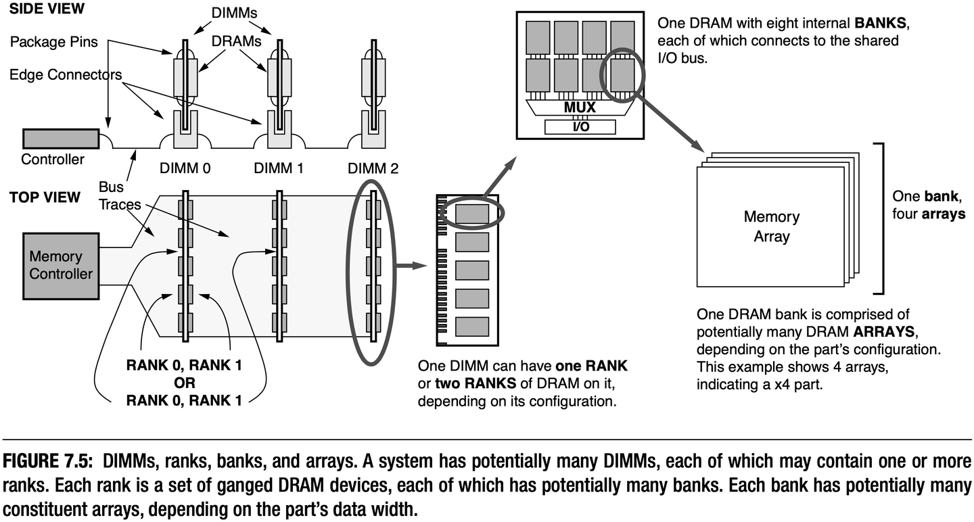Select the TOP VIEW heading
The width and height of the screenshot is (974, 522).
(45, 198)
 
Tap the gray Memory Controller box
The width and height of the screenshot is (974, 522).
(60, 266)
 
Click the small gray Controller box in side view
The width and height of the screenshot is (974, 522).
(52, 139)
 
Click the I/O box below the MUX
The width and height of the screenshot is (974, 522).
(580, 127)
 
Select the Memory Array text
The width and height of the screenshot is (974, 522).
(771, 227)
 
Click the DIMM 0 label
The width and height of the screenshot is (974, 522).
(185, 168)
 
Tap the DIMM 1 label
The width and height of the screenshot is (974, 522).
(278, 168)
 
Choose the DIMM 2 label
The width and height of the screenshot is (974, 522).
(373, 168)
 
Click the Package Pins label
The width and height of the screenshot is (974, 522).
(54, 42)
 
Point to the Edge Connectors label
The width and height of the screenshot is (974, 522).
(66, 74)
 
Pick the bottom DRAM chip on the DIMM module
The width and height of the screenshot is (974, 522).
(471, 325)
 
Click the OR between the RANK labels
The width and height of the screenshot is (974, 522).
(183, 383)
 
